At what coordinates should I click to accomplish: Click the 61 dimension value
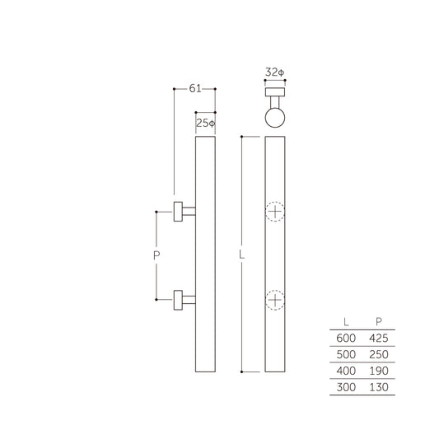pos(194,87)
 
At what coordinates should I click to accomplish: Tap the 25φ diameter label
pos(206,124)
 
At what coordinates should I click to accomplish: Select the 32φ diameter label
pos(275,72)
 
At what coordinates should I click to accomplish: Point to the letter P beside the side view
pos(156,256)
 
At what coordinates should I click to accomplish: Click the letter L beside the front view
pos(242,255)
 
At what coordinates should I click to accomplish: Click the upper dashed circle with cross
pos(275,212)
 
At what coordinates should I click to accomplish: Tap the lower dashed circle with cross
pos(275,300)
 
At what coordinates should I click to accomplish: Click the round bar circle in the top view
pos(275,117)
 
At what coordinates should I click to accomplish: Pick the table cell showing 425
pos(378,339)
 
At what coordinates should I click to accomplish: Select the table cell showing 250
pos(378,354)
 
